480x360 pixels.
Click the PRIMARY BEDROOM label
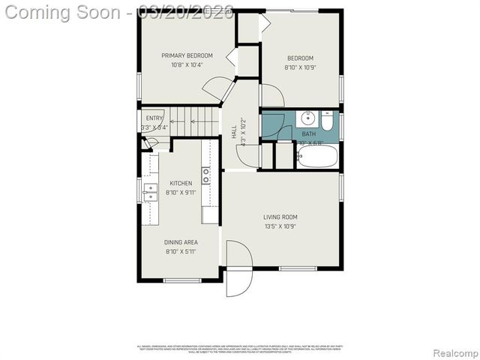click(187, 55)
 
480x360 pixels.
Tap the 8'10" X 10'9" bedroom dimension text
click(299, 68)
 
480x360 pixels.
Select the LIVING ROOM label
click(280, 217)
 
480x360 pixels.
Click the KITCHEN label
click(181, 183)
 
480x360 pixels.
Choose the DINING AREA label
click(181, 242)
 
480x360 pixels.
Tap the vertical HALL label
click(234, 132)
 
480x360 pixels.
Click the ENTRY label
click(154, 118)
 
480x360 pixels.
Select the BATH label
click(309, 134)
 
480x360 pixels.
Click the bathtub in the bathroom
click(318, 157)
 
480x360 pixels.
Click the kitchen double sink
click(151, 192)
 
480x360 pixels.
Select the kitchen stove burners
click(205, 176)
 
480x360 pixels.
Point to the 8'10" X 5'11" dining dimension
click(181, 252)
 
